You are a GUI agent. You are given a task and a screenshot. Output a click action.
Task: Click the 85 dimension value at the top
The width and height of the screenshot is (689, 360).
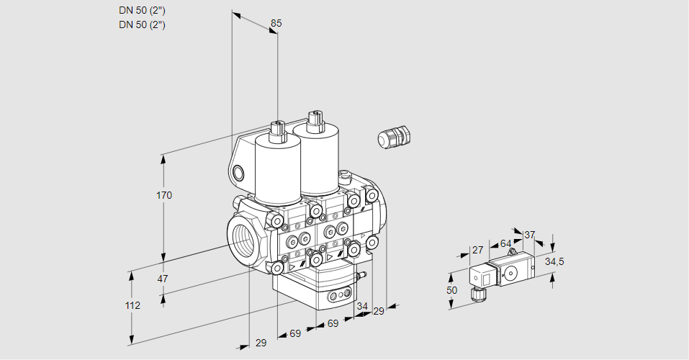pyautogui.click(x=276, y=23)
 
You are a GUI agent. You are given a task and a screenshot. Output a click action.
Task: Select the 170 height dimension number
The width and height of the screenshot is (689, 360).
pyautogui.click(x=164, y=195)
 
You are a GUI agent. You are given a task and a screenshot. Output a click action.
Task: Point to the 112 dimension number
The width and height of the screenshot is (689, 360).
pyautogui.click(x=132, y=305)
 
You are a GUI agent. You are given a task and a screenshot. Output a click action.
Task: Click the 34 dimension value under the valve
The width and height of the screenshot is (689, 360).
pyautogui.click(x=361, y=307)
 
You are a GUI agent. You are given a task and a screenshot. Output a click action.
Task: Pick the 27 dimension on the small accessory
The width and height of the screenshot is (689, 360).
pyautogui.click(x=477, y=250)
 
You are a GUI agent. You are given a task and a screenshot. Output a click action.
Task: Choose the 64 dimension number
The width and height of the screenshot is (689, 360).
pyautogui.click(x=505, y=243)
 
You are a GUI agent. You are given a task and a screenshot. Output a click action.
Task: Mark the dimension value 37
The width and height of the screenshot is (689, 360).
pyautogui.click(x=529, y=235)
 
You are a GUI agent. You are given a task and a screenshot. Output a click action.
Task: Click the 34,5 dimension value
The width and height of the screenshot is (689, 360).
pyautogui.click(x=554, y=261)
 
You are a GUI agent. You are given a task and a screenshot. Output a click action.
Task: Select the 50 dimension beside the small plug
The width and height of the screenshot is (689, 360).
pyautogui.click(x=451, y=290)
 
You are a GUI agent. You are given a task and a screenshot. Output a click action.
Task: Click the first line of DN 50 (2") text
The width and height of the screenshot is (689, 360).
pyautogui.click(x=142, y=10)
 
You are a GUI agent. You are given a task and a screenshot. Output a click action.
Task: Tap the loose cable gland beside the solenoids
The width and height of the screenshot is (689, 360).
pyautogui.click(x=393, y=137)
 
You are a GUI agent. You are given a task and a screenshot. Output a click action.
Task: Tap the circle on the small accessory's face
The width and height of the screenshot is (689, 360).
pyautogui.click(x=513, y=272)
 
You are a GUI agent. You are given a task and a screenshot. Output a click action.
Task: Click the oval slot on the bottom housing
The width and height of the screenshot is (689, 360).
pyautogui.click(x=338, y=295)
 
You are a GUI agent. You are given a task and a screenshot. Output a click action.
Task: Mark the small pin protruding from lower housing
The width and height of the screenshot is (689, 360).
pyautogui.click(x=361, y=275)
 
